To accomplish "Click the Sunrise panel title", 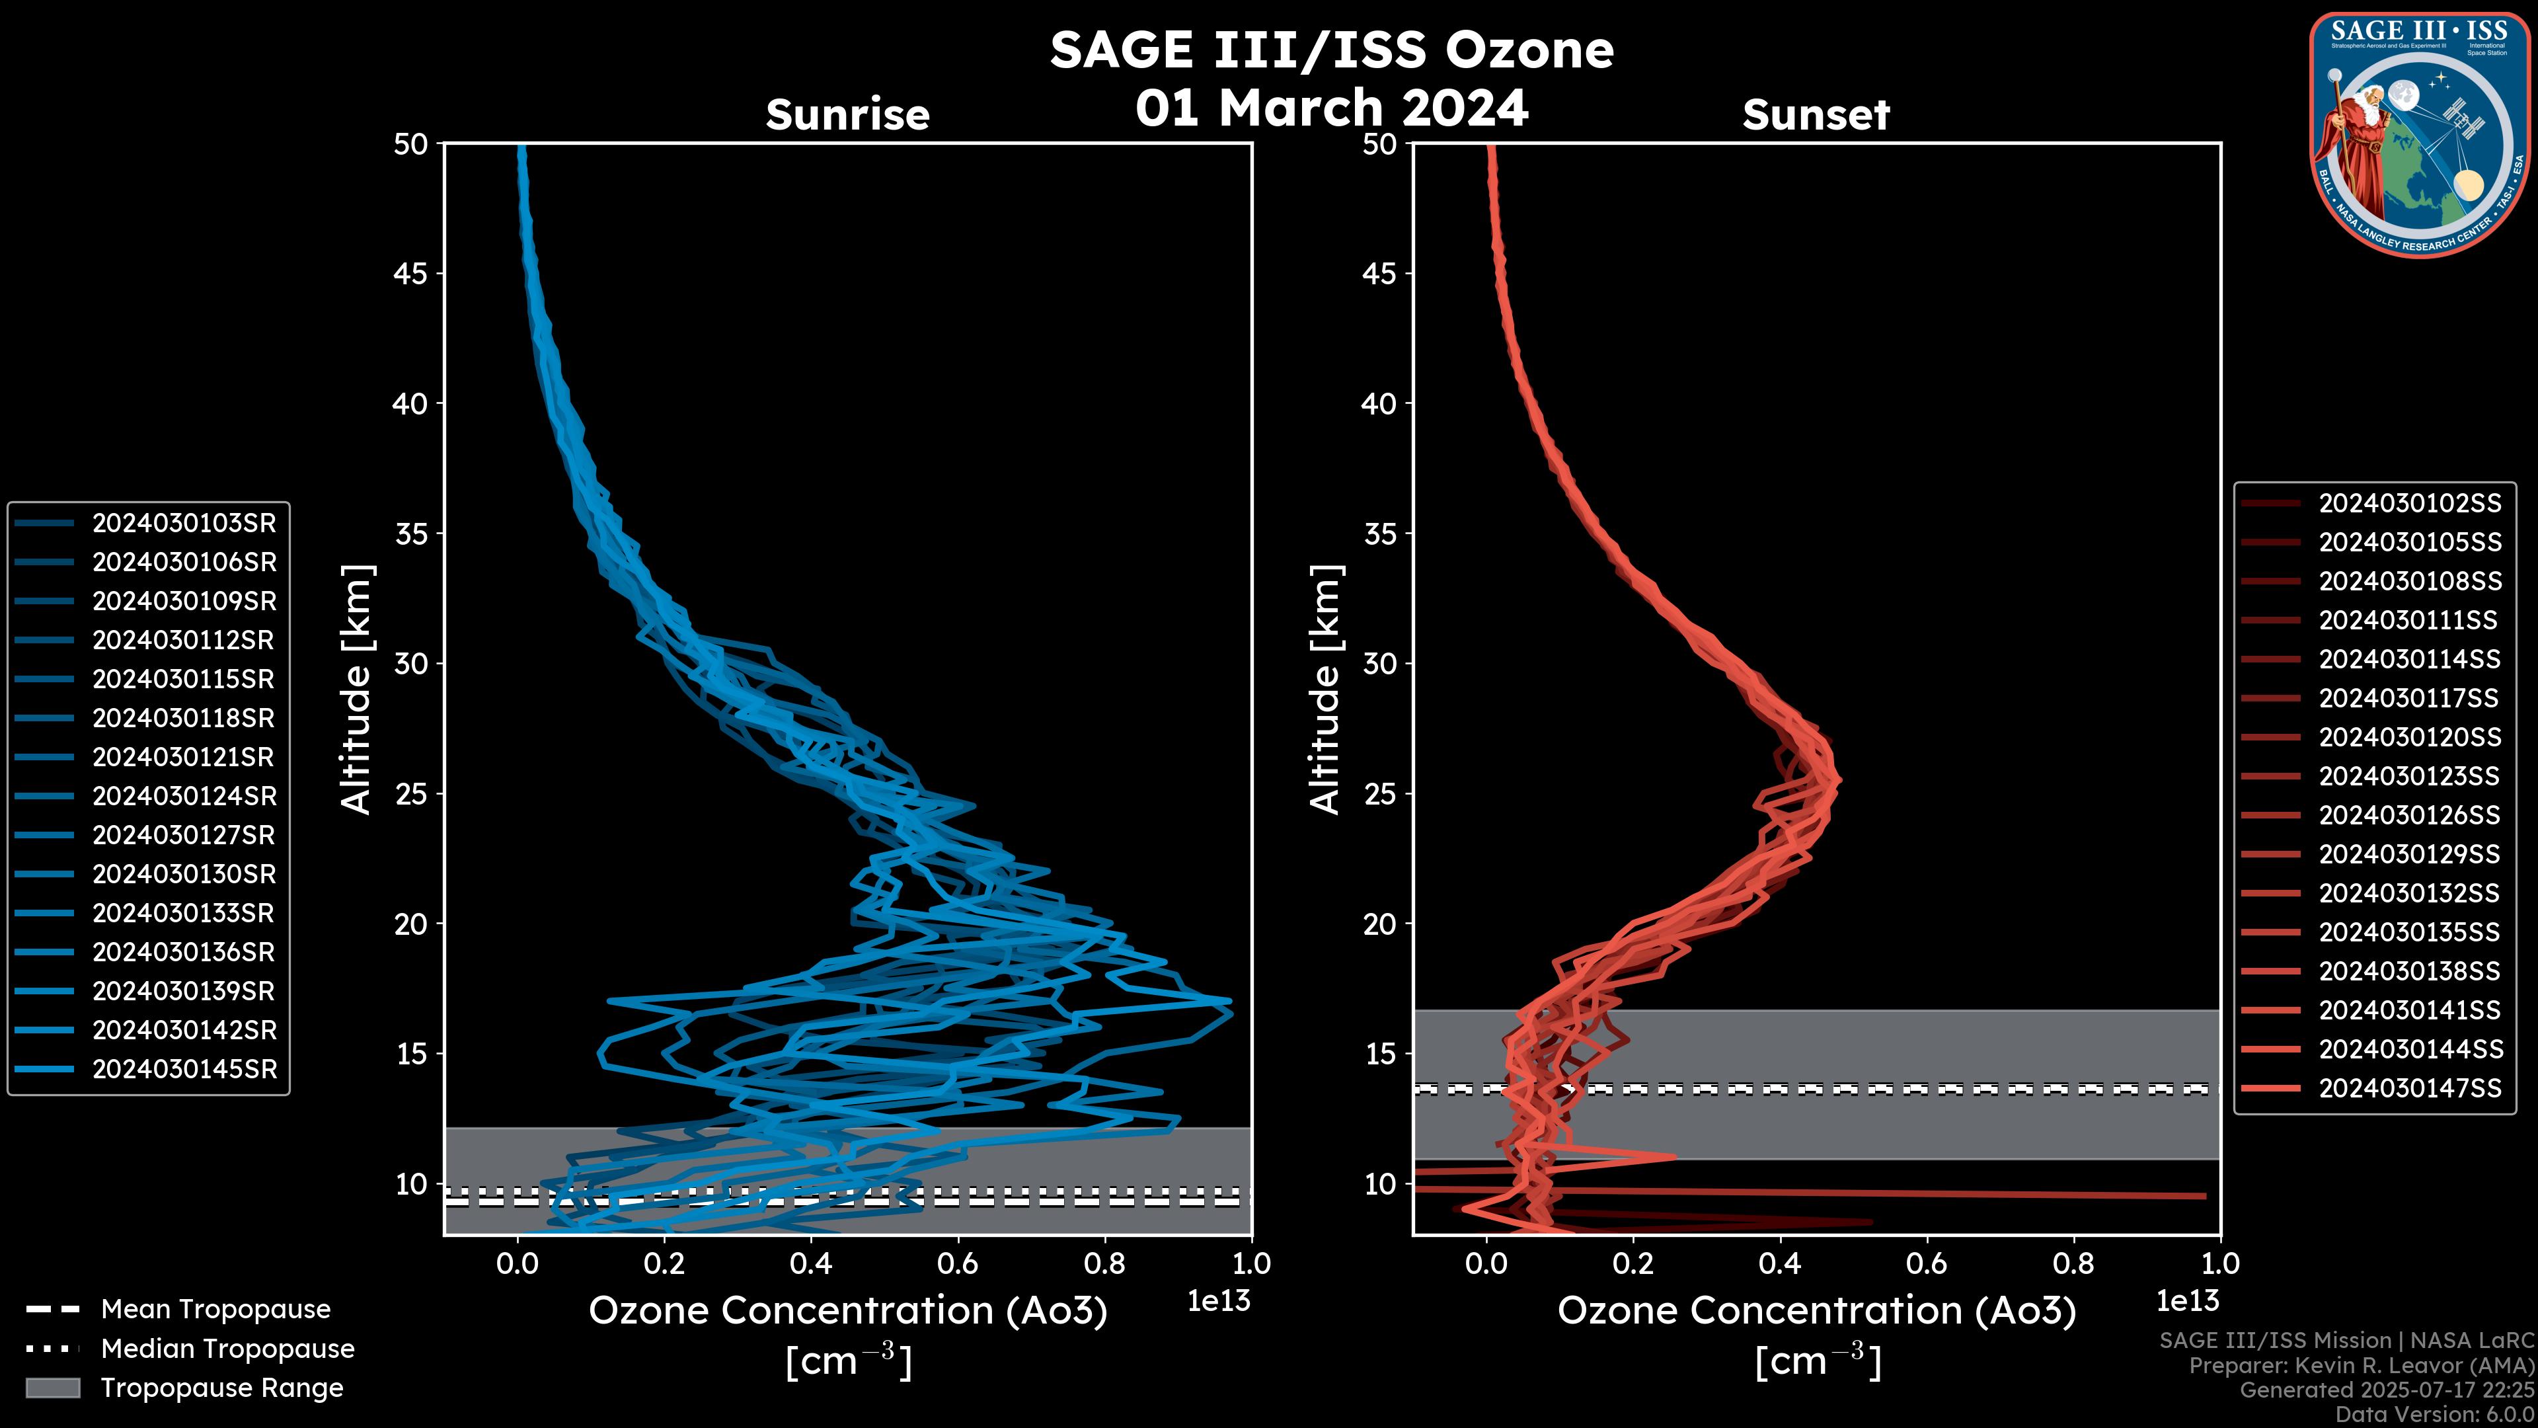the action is (847, 114).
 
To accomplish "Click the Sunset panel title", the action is (1816, 114).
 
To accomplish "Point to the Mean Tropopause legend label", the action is (215, 1310).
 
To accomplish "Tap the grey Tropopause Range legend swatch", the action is (52, 1388).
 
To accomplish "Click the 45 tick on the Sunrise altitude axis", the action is (411, 273).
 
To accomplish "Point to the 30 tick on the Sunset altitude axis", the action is (1380, 663).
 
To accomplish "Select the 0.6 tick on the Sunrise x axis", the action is (958, 1263).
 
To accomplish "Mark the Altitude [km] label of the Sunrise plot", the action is (357, 689).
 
